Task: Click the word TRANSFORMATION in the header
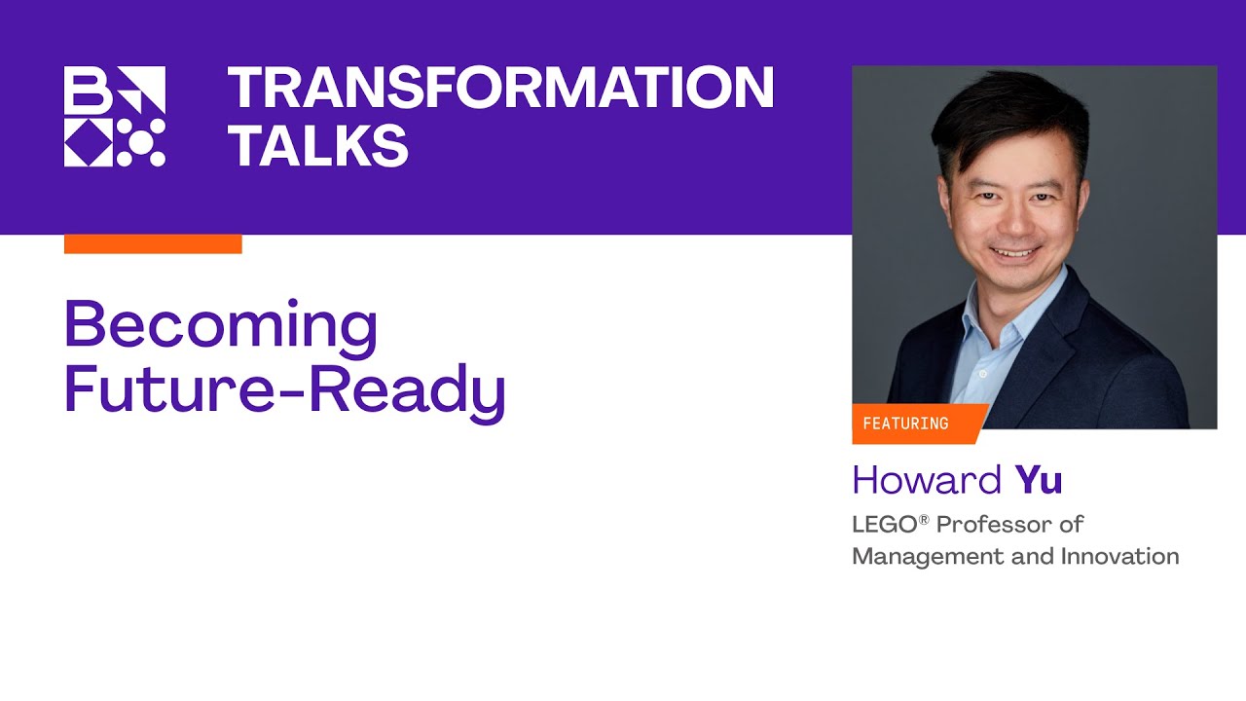500,89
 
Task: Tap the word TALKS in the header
317,146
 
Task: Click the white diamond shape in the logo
89,142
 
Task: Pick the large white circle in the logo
141,143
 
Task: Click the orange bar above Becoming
153,244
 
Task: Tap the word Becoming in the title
221,326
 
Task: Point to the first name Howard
926,480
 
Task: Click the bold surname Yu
1039,480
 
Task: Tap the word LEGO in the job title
884,525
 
